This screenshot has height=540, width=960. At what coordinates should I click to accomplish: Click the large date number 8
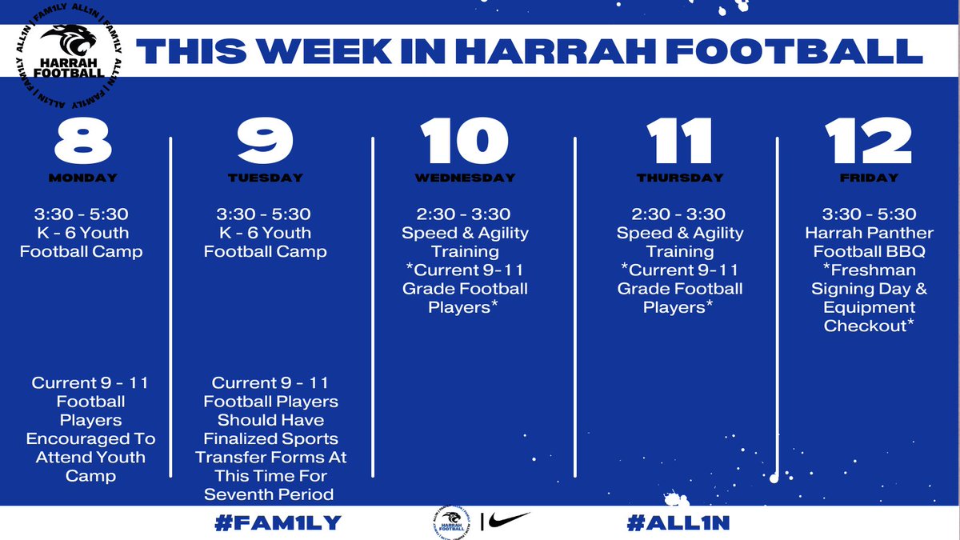(82, 142)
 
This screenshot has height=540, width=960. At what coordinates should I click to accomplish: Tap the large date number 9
(266, 142)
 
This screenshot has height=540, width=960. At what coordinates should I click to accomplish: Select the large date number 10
(465, 142)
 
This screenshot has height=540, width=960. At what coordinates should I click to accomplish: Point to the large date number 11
(679, 142)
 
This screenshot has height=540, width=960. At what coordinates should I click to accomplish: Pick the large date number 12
(869, 142)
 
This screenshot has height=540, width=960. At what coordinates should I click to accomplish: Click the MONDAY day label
(82, 178)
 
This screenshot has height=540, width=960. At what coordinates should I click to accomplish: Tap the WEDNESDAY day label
(465, 178)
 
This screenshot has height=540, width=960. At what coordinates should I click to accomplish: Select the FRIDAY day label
(869, 178)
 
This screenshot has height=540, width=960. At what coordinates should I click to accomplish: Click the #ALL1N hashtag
(678, 523)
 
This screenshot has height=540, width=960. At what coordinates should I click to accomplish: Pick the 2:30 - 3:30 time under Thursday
(679, 214)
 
